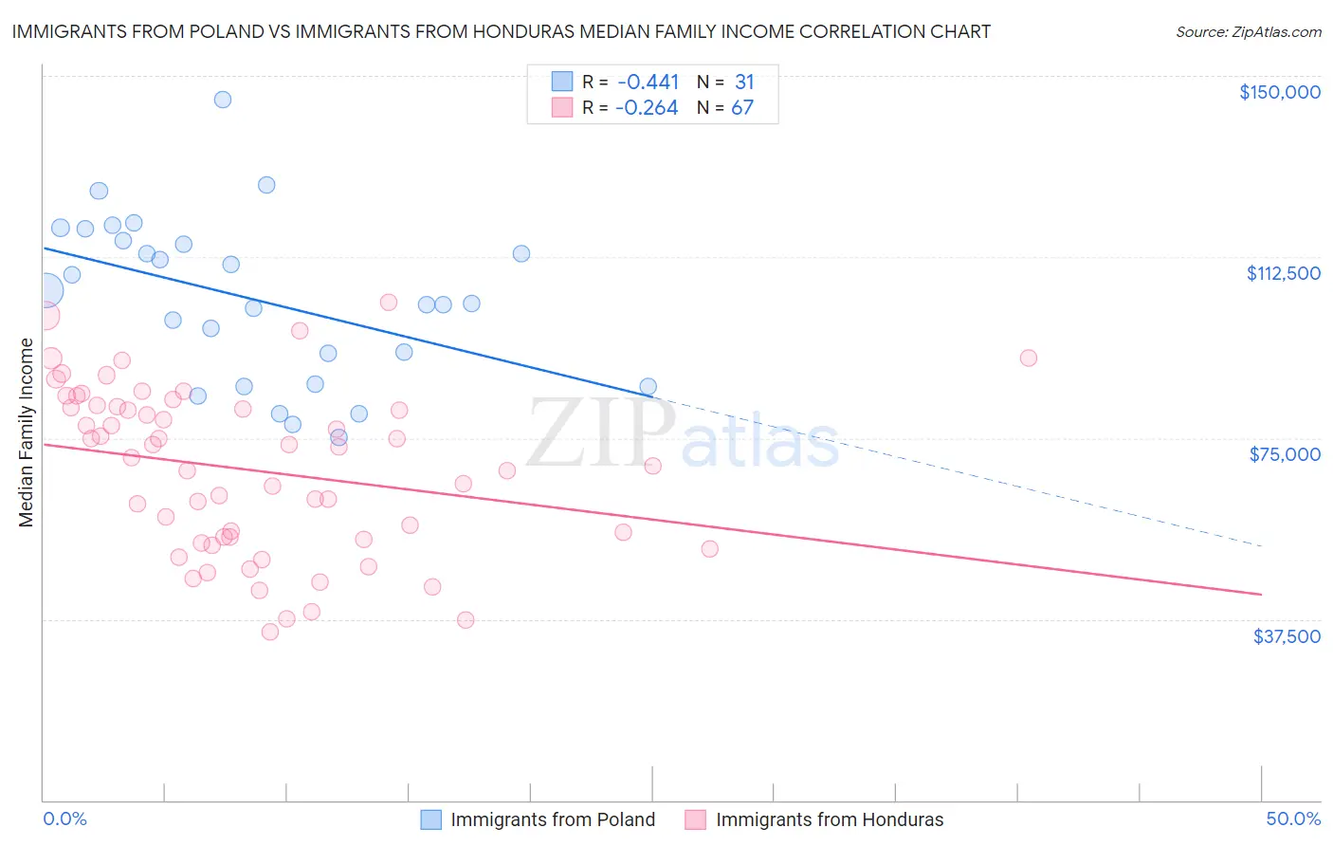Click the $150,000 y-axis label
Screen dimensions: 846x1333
[1279, 92]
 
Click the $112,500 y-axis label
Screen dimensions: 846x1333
[1283, 273]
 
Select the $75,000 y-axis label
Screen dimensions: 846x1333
[1285, 454]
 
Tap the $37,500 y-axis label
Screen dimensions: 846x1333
[1287, 636]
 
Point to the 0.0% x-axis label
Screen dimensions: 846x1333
[64, 818]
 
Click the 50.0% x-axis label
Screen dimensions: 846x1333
[1293, 818]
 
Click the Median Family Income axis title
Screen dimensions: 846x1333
[27, 432]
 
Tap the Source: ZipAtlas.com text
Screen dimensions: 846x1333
[1248, 31]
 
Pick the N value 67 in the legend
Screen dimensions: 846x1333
[742, 108]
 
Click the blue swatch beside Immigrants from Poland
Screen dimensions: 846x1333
[431, 819]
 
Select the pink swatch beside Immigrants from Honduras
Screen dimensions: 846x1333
[696, 819]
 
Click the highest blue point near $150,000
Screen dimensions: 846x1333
[223, 100]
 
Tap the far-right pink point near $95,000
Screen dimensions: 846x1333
[1029, 359]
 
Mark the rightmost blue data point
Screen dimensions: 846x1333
[648, 386]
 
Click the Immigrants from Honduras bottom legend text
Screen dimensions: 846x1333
[830, 819]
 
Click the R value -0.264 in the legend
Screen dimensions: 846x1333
[647, 108]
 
